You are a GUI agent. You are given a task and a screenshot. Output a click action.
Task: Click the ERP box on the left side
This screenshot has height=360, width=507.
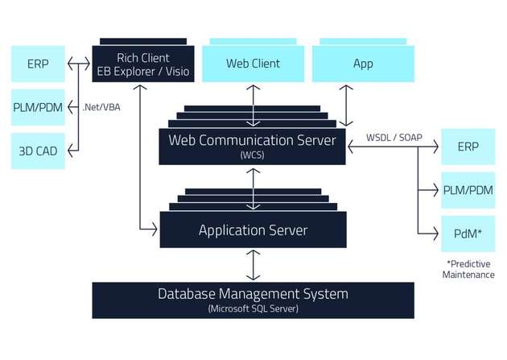click(x=37, y=64)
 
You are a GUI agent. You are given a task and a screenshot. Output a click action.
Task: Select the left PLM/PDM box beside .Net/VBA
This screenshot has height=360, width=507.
click(x=37, y=106)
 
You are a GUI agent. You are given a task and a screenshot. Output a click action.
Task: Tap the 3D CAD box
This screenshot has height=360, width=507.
click(x=37, y=150)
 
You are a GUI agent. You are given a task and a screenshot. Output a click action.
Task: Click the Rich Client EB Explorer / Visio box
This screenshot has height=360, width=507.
click(x=140, y=63)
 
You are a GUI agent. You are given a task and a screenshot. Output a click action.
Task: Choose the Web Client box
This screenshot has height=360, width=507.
click(x=253, y=63)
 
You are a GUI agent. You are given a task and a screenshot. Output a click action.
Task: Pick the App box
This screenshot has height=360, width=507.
click(x=363, y=63)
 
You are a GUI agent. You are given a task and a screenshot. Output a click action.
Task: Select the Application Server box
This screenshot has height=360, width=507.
click(x=253, y=230)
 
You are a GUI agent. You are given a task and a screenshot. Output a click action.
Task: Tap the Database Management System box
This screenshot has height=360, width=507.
click(x=253, y=299)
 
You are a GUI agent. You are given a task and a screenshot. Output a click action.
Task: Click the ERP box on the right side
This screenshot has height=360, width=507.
click(x=468, y=147)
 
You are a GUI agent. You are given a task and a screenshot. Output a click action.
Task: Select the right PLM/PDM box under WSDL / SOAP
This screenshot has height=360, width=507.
click(x=468, y=191)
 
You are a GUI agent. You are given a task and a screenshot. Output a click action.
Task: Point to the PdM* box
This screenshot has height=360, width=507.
click(x=468, y=234)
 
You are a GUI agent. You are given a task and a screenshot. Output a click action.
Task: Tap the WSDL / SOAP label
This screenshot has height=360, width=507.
click(x=394, y=136)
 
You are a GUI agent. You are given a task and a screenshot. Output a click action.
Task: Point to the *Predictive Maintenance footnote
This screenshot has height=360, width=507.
click(x=468, y=269)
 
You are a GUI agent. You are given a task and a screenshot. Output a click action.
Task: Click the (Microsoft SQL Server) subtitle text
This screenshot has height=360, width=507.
click(x=253, y=309)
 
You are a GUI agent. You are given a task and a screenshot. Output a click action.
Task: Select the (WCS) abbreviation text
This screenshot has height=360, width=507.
click(x=253, y=155)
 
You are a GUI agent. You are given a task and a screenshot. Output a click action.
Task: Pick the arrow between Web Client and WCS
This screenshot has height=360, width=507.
click(x=254, y=104)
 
